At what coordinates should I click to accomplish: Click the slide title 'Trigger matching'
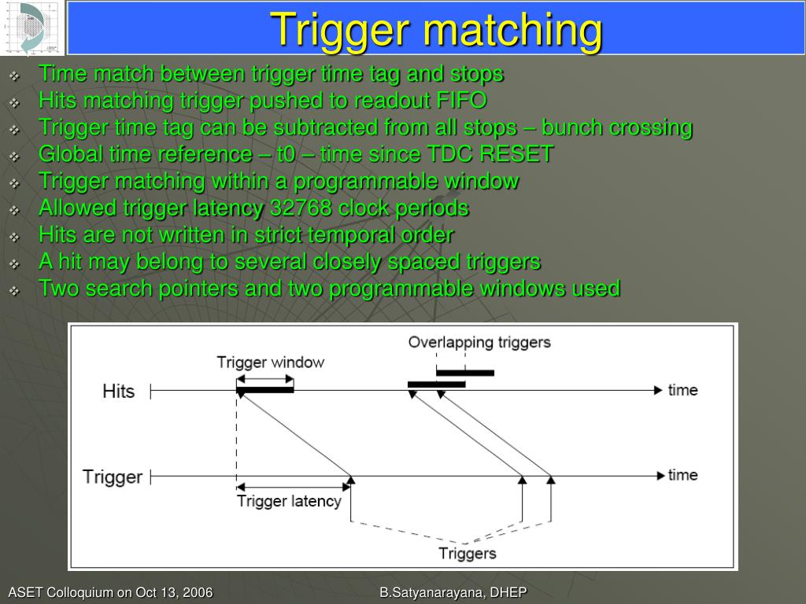(436, 30)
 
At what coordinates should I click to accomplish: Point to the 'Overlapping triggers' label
(479, 343)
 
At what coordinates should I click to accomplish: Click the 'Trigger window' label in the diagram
(270, 363)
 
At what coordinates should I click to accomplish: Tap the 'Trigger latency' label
(289, 502)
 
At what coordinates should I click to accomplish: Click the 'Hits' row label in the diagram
(118, 392)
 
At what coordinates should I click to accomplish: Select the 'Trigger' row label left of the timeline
(113, 477)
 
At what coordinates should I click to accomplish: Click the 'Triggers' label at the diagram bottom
(468, 554)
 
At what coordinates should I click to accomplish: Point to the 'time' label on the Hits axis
(682, 390)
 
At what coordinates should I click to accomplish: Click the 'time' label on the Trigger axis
(682, 475)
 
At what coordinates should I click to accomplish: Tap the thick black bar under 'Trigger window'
(265, 389)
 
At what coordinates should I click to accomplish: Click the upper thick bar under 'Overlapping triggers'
(465, 373)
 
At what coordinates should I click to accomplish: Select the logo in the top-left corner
(32, 28)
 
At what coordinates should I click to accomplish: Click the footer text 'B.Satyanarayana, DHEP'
(453, 593)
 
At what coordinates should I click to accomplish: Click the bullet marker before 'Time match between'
(15, 76)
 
